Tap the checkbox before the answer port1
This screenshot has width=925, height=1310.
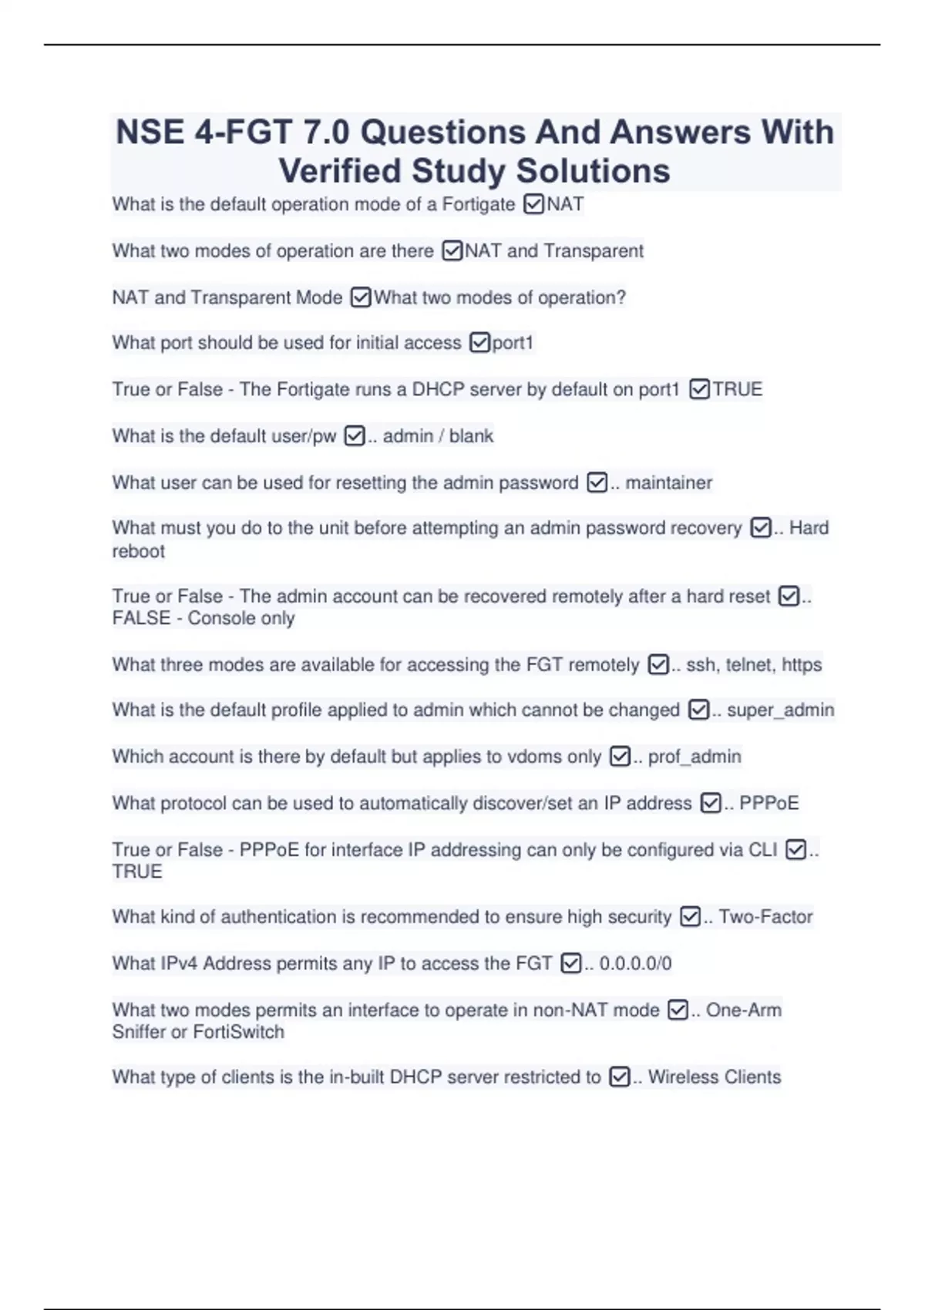pyautogui.click(x=479, y=342)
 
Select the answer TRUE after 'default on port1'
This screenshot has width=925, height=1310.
pyautogui.click(x=737, y=389)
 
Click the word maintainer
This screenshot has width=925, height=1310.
pyautogui.click(x=668, y=482)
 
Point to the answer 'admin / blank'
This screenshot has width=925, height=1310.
pyautogui.click(x=438, y=436)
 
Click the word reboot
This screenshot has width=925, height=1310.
pyautogui.click(x=139, y=551)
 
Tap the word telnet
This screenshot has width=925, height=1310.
pyautogui.click(x=748, y=664)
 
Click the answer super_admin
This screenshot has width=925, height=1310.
pyautogui.click(x=780, y=710)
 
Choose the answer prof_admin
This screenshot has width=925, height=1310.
pyautogui.click(x=695, y=757)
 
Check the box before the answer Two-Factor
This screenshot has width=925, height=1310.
pyautogui.click(x=690, y=916)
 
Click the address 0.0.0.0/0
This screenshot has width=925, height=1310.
pyautogui.click(x=635, y=963)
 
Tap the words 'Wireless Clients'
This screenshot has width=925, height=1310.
pyautogui.click(x=714, y=1077)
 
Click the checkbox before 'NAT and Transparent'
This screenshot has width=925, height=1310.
pyautogui.click(x=452, y=251)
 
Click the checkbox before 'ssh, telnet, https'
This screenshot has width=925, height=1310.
pyautogui.click(x=658, y=664)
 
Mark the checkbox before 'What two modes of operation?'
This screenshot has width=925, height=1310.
pyautogui.click(x=361, y=297)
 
